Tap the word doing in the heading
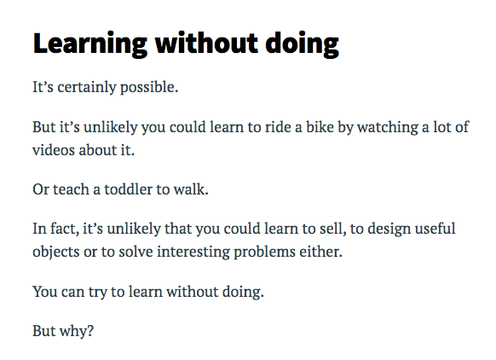point(302,44)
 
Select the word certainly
point(87,87)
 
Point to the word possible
point(149,88)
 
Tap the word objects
point(56,253)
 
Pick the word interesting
point(193,253)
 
